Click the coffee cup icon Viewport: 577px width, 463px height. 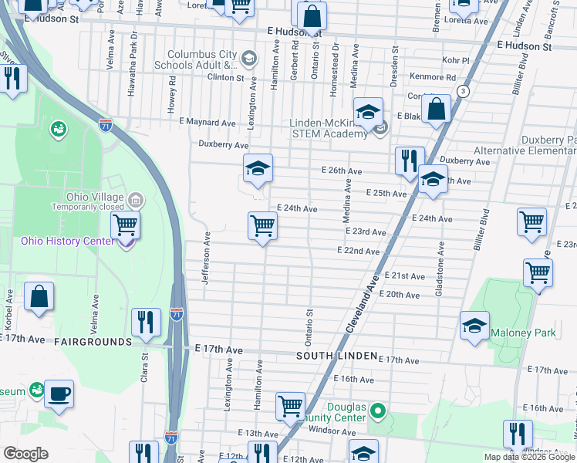(59, 393)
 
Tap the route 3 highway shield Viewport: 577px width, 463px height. (462, 91)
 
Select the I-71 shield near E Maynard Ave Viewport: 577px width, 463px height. (106, 123)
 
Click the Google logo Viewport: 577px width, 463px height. (25, 454)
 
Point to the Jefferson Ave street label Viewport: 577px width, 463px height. (206, 257)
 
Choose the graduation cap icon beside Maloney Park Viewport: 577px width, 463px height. (474, 325)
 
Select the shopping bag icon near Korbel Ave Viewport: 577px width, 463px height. (39, 296)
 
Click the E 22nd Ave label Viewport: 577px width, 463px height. (358, 252)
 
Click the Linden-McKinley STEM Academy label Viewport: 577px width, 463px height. (329, 128)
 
